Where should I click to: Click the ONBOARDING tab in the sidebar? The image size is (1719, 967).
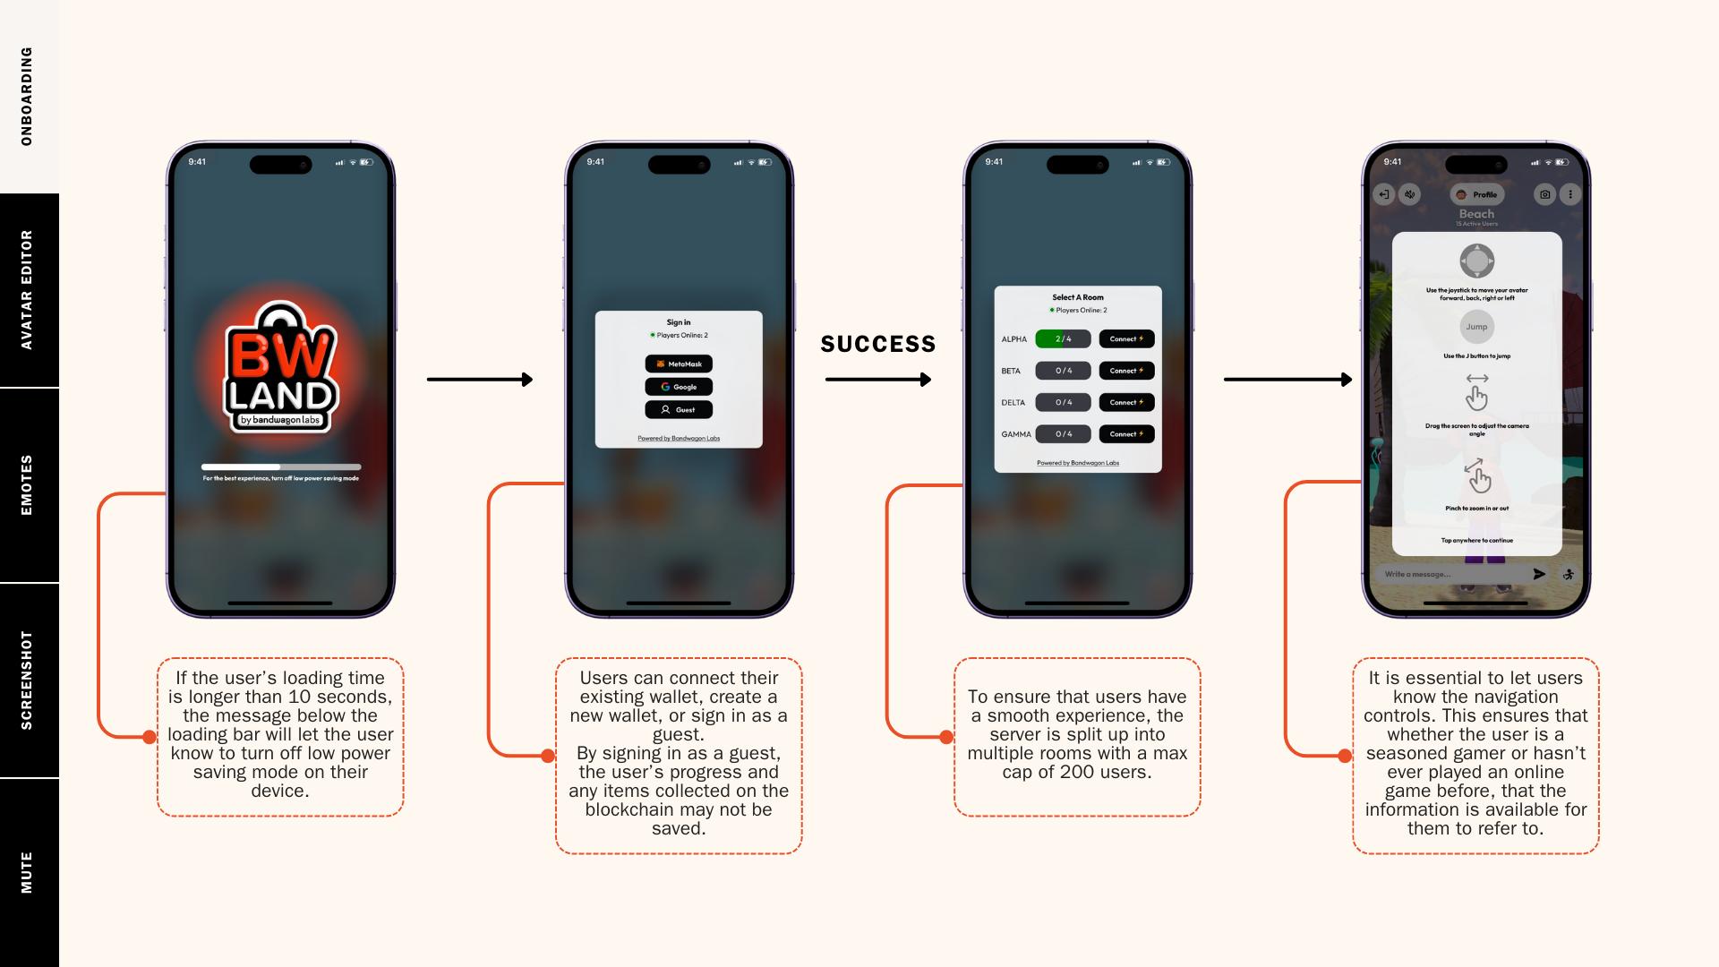[x=27, y=97]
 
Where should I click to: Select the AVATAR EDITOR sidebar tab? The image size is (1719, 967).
[x=27, y=290]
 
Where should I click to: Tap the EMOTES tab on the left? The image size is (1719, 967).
[x=27, y=485]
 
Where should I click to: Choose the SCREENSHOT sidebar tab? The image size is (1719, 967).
[x=27, y=680]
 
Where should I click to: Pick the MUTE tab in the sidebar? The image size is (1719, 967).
[x=27, y=873]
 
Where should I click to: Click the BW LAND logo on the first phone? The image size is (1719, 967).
[x=280, y=368]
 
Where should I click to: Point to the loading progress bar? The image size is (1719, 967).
[x=281, y=466]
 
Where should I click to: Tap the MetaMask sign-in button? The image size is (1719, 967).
[x=679, y=364]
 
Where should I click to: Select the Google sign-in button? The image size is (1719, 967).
[x=679, y=387]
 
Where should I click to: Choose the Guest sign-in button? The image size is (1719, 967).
[x=679, y=409]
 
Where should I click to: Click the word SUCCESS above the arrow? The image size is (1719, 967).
[x=878, y=344]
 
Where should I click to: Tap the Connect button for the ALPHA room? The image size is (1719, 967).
[x=1126, y=338]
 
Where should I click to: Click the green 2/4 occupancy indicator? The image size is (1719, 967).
[x=1063, y=338]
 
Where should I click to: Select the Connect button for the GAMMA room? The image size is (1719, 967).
[x=1126, y=433]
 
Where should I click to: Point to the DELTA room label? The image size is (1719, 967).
[x=1013, y=402]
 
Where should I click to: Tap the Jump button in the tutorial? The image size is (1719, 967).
[x=1476, y=327]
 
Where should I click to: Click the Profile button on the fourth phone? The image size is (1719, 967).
[x=1477, y=194]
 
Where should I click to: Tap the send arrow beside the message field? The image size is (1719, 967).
[x=1539, y=574]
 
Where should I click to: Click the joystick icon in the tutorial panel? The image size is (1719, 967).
[x=1476, y=261]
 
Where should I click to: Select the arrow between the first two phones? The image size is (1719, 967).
[x=480, y=380]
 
